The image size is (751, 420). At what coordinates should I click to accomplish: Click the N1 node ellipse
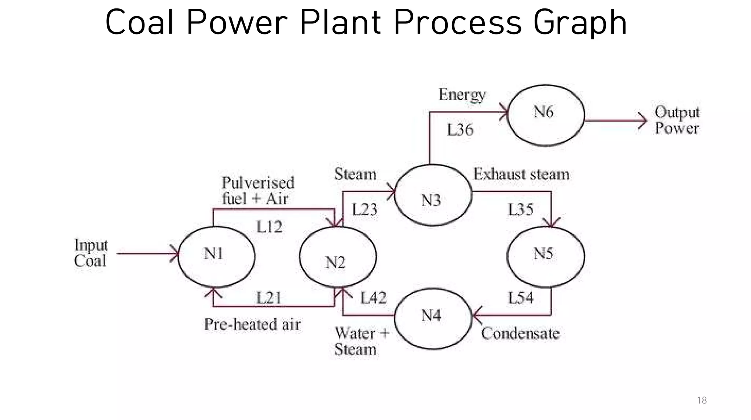click(216, 256)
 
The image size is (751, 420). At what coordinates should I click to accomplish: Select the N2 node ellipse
click(338, 257)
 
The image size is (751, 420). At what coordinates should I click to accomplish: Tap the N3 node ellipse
click(433, 195)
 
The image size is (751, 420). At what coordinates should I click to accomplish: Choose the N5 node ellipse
click(546, 256)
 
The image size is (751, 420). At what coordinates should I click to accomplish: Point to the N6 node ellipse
click(546, 115)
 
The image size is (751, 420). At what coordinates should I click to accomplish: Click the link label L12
click(269, 227)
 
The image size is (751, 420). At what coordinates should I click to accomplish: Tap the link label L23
click(364, 209)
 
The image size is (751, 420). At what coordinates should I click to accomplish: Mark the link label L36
click(460, 130)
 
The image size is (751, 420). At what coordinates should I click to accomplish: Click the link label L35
click(520, 209)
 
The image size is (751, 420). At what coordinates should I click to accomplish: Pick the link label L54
click(520, 297)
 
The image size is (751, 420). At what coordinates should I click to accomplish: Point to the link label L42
click(373, 297)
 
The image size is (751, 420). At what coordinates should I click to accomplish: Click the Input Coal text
click(91, 253)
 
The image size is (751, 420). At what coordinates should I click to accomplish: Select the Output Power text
click(677, 120)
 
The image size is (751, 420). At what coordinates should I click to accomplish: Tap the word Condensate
click(520, 333)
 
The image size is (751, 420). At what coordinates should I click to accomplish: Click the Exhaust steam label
click(521, 174)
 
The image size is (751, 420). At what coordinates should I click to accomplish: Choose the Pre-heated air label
click(252, 324)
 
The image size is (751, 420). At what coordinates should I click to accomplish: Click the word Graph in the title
click(580, 23)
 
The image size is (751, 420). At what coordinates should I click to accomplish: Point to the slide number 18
click(701, 400)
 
